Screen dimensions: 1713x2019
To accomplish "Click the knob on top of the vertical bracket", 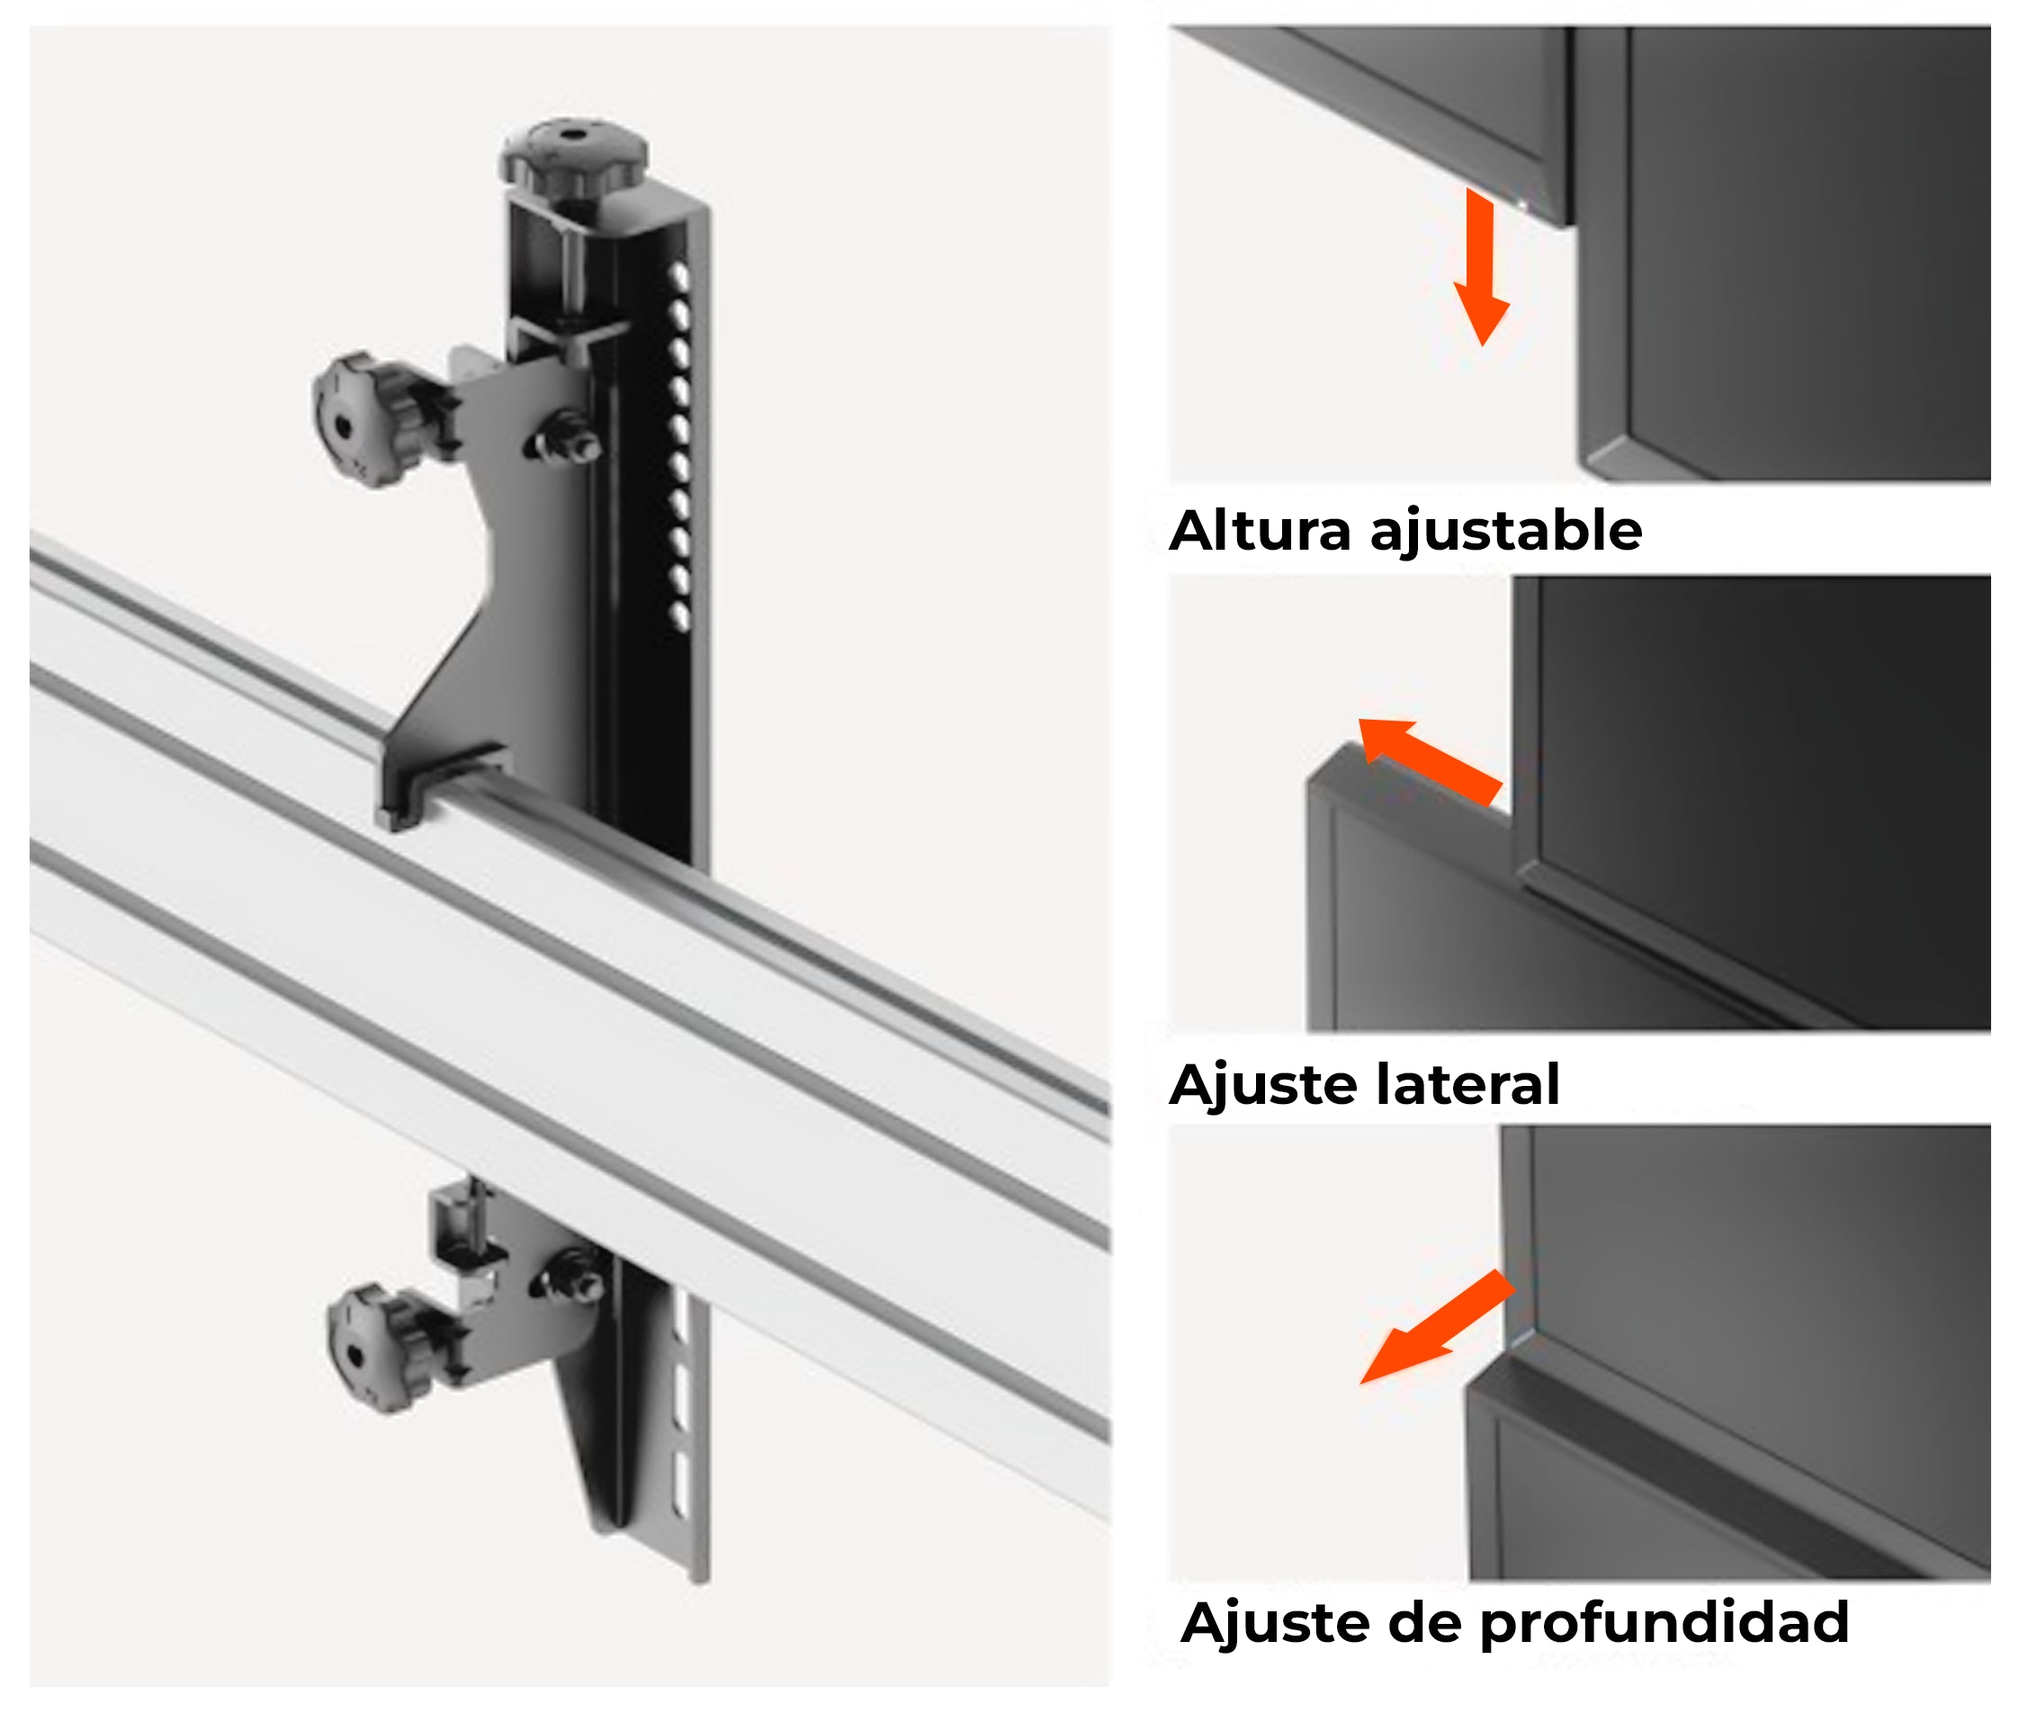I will (573, 156).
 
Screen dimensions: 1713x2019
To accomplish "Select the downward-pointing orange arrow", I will (1480, 267).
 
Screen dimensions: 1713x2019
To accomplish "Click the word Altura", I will (1260, 531).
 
